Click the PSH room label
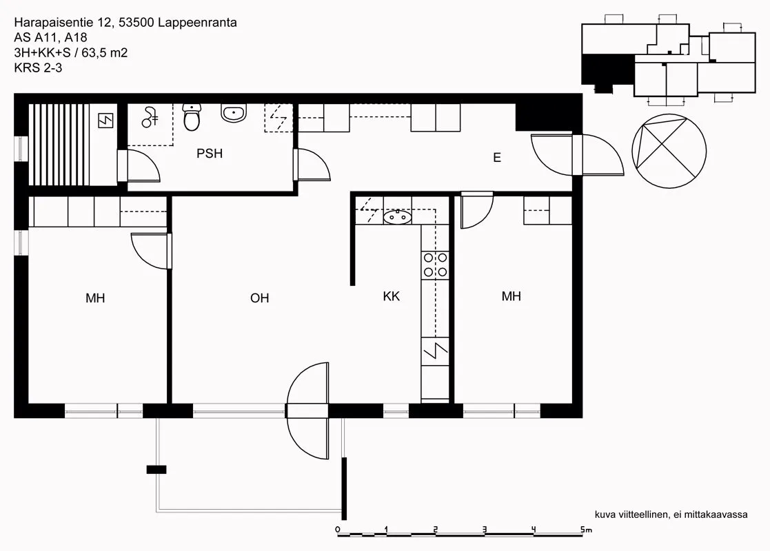click(x=210, y=154)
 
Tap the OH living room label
click(x=260, y=298)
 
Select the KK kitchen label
click(x=392, y=296)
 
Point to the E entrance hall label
click(x=497, y=158)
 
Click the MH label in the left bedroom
click(x=95, y=298)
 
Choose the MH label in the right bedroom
click(x=511, y=296)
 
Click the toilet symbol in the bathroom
click(x=192, y=118)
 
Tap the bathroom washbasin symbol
click(x=234, y=113)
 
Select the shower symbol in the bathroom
click(x=150, y=118)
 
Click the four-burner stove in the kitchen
click(x=435, y=265)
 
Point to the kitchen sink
click(x=397, y=216)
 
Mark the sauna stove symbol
click(x=105, y=121)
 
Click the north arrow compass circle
click(x=669, y=151)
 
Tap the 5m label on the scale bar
click(x=586, y=530)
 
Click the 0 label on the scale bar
click(x=337, y=530)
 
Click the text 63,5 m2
click(x=105, y=52)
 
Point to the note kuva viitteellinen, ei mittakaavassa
click(x=671, y=514)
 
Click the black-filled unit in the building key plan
click(x=607, y=70)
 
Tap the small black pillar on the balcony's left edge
click(x=156, y=470)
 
